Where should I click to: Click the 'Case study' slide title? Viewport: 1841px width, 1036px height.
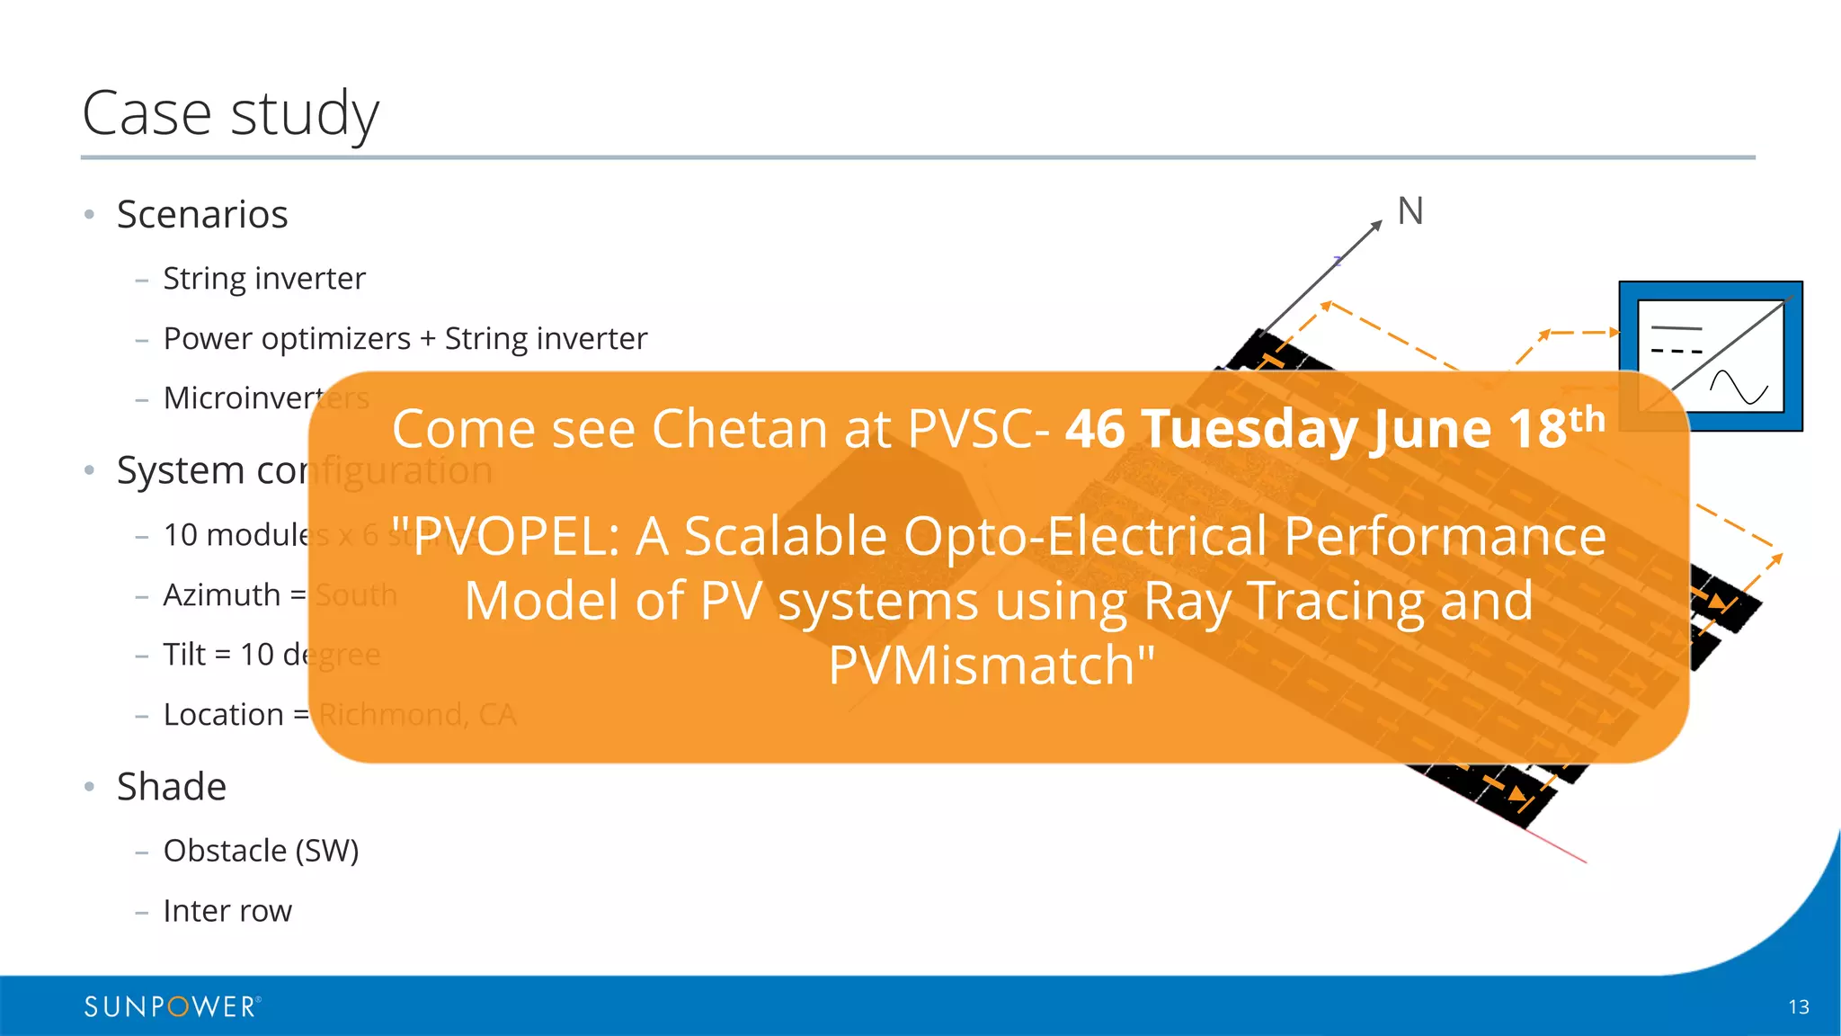pyautogui.click(x=230, y=113)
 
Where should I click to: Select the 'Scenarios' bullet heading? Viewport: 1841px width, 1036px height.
pyautogui.click(x=202, y=215)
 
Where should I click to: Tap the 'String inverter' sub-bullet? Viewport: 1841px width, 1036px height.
pyautogui.click(x=264, y=279)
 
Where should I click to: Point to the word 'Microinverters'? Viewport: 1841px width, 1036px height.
pyautogui.click(x=266, y=397)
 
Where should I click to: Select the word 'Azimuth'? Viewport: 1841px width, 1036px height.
pyautogui.click(x=222, y=594)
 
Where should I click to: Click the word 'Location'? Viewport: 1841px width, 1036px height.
pyautogui.click(x=223, y=715)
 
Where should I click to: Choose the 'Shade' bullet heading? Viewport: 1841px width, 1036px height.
pyautogui.click(x=172, y=787)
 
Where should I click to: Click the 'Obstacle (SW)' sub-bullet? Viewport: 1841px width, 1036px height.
pyautogui.click(x=261, y=851)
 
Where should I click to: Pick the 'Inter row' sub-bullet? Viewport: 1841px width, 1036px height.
pyautogui.click(x=227, y=911)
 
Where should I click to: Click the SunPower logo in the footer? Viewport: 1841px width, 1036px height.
pyautogui.click(x=172, y=1006)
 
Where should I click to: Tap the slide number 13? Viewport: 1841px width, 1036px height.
pyautogui.click(x=1798, y=1007)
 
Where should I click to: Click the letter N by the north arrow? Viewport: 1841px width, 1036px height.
pyautogui.click(x=1410, y=212)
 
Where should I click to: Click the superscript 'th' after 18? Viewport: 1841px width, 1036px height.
pyautogui.click(x=1587, y=419)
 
